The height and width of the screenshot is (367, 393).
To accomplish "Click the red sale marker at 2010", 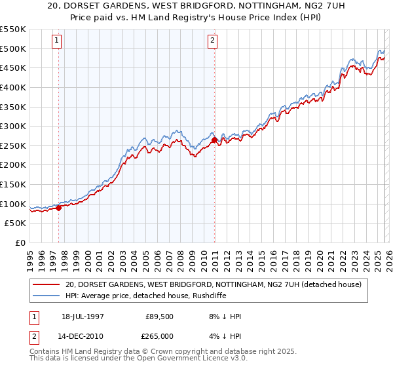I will pos(214,140).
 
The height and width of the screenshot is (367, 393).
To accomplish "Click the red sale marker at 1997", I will pos(58,208).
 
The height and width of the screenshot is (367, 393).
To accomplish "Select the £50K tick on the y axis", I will pos(16,223).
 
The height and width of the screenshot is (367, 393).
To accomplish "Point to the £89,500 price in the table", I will pos(159,317).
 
